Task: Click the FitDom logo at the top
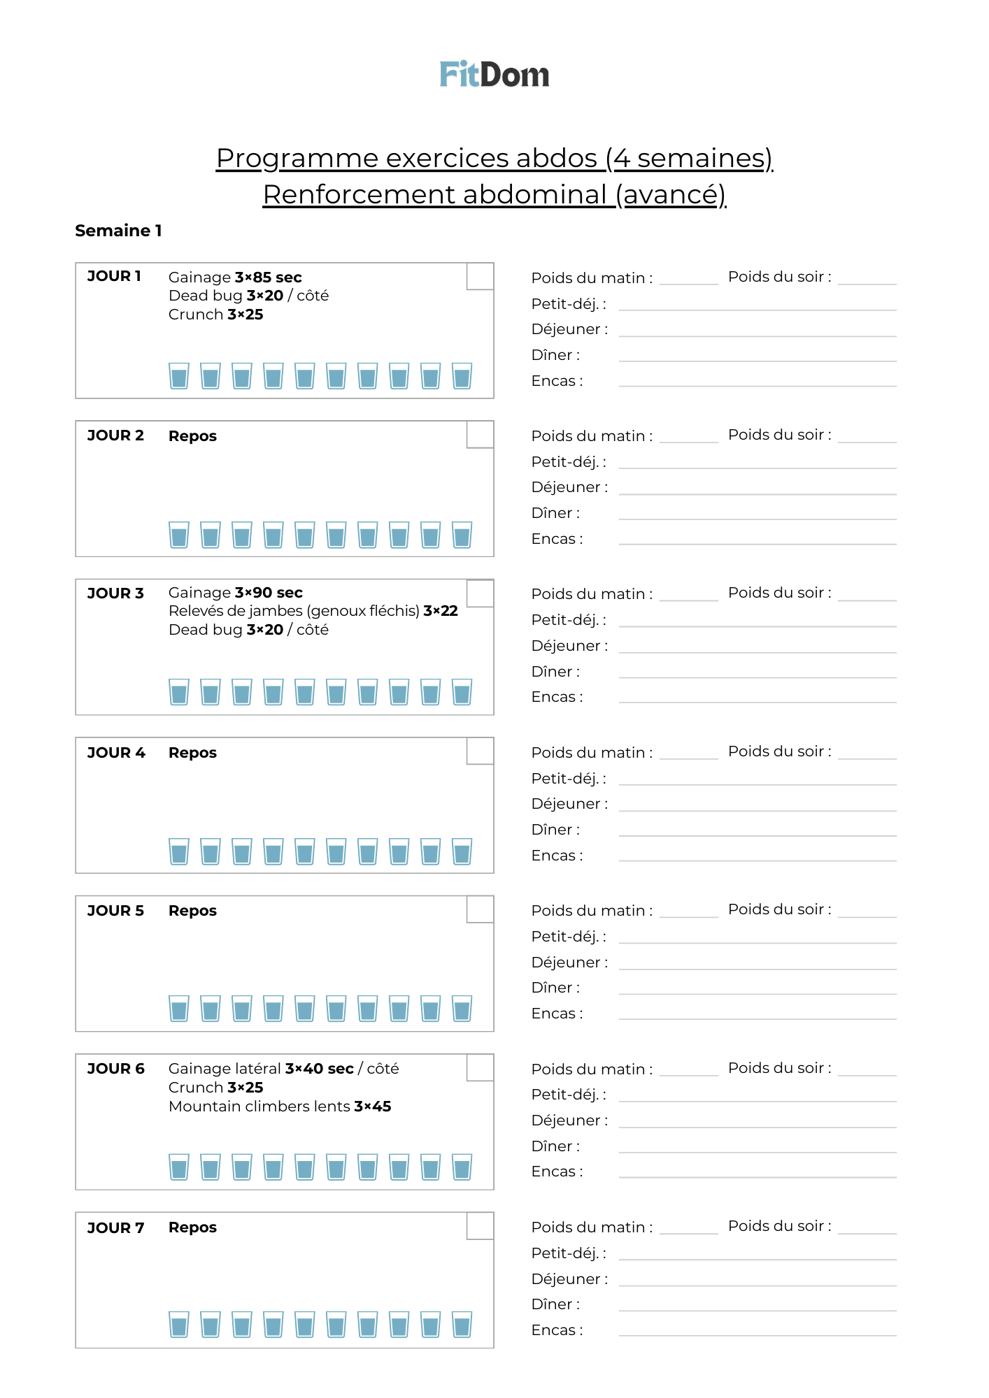pos(494,75)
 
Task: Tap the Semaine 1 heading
pos(118,231)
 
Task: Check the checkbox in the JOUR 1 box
pos(480,276)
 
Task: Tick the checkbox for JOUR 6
pos(480,1067)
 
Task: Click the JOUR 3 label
pos(115,593)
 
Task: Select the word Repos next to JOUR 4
pos(192,753)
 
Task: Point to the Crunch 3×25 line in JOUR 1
pos(215,315)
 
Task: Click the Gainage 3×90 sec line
pos(235,593)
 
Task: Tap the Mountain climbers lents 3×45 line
pos(279,1107)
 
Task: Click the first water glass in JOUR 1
pos(179,376)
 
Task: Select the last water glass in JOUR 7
pos(462,1325)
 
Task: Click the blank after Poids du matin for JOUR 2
pos(688,438)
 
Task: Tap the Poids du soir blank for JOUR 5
pos(867,911)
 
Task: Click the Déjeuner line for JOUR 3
pos(757,647)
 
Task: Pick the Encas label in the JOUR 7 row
pos(557,1330)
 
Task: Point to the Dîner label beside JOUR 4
pos(555,830)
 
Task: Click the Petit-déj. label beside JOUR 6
pos(568,1095)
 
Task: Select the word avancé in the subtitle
pos(671,194)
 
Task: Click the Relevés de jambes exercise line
pos(313,611)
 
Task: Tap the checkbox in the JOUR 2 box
pos(480,434)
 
